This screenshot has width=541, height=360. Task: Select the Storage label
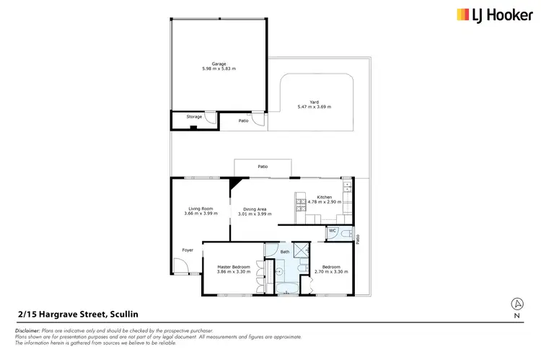194,116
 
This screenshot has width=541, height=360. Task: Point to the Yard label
315,102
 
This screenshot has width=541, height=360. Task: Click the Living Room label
199,208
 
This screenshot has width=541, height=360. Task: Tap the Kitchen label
324,197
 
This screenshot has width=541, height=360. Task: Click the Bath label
285,252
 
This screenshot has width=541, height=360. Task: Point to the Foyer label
188,250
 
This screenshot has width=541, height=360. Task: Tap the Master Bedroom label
234,266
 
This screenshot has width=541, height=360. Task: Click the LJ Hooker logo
482,14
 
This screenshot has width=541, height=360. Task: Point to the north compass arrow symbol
516,304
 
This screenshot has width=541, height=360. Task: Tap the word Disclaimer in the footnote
27,330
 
